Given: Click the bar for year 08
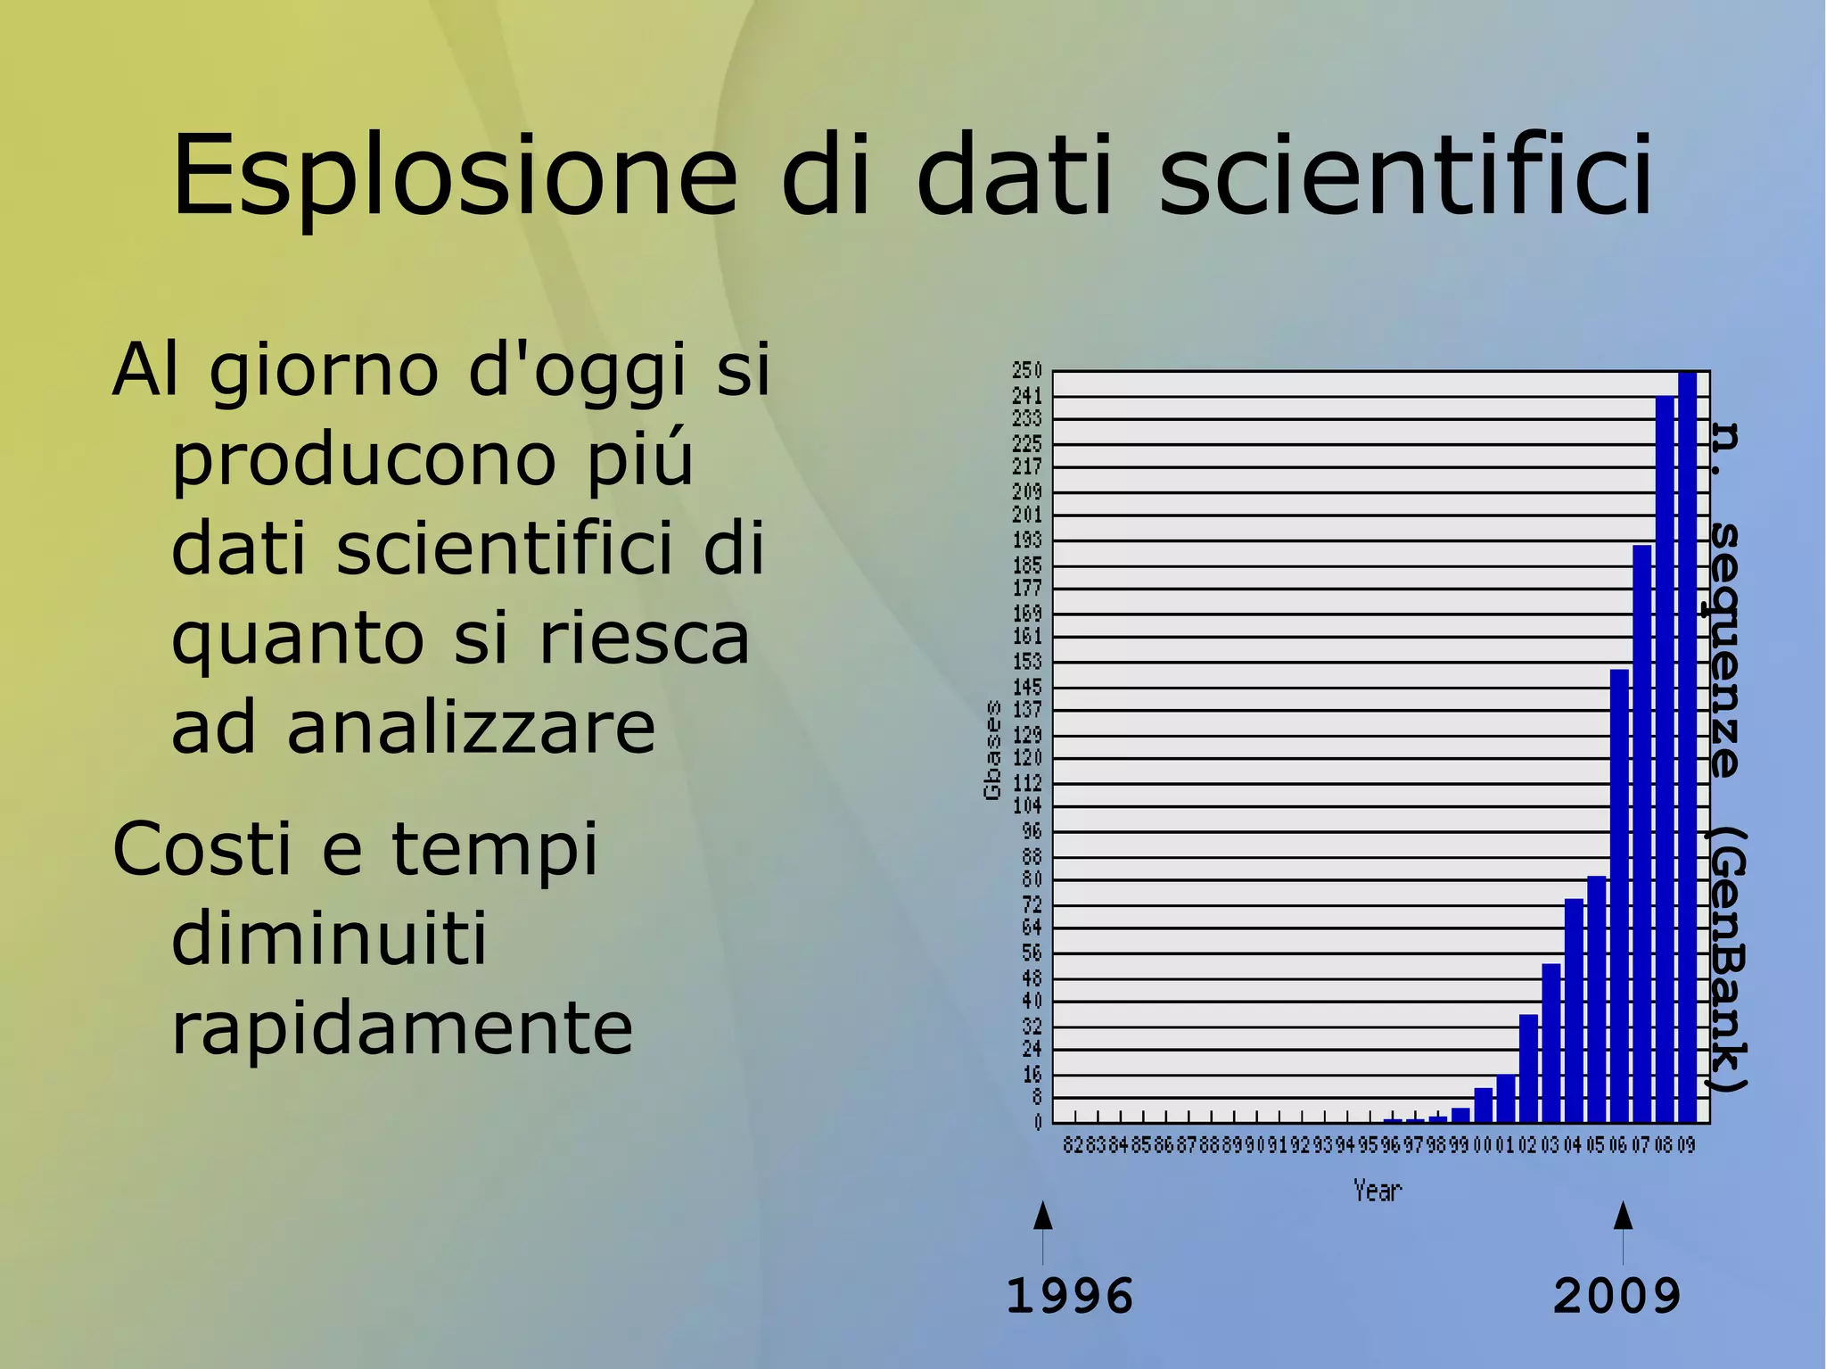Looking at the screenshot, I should [x=1665, y=759].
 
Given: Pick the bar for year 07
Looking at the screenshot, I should [x=1641, y=834].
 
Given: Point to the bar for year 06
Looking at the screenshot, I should [x=1619, y=895].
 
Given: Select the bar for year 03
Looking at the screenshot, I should [x=1551, y=1043].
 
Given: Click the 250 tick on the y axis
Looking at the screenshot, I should [x=1026, y=370].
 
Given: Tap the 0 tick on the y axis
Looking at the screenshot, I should [x=1037, y=1123].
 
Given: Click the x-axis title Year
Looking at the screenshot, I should [x=1378, y=1191].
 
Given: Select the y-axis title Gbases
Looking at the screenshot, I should [x=992, y=750].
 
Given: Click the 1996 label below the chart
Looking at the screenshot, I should [x=1069, y=1296].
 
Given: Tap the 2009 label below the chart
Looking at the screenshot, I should [x=1616, y=1296].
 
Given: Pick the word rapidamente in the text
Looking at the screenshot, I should [x=401, y=1028].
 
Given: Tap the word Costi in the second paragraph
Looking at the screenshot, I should [x=202, y=849].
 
